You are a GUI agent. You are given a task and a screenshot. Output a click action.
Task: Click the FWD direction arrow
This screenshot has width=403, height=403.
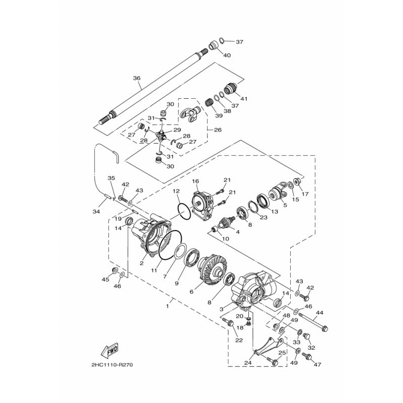point(110,350)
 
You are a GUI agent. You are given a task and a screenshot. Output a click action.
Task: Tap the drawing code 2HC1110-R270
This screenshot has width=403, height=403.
point(112,365)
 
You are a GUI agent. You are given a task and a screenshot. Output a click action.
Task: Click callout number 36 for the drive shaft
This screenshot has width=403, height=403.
point(137,78)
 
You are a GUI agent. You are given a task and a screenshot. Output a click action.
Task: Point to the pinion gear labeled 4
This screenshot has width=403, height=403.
point(226,222)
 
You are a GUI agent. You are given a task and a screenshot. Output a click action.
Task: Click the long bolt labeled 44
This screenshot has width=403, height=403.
point(313,321)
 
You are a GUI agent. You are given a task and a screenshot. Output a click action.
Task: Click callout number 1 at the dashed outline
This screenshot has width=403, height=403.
point(167,306)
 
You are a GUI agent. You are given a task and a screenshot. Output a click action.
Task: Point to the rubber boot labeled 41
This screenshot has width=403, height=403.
point(231,89)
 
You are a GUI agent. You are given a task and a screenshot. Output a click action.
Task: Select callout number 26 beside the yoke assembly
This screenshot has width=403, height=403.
point(218,130)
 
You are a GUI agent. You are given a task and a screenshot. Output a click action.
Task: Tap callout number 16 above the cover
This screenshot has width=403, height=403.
point(195,181)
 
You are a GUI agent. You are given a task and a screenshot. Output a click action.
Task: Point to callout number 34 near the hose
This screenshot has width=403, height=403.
point(96,212)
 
